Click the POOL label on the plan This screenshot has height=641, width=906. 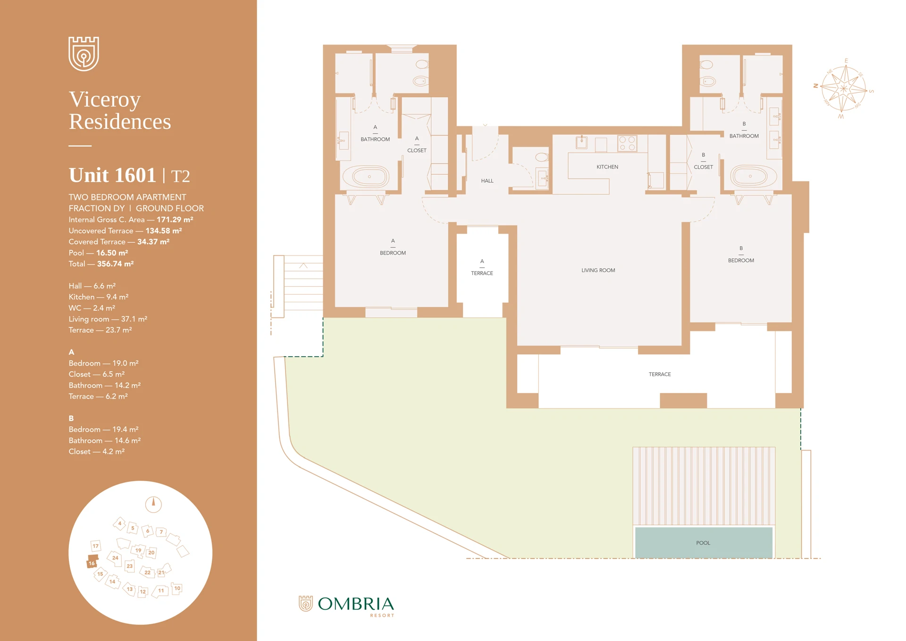[703, 543]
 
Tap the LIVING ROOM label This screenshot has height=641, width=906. [598, 270]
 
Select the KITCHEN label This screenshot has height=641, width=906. [607, 167]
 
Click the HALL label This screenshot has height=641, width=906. [487, 181]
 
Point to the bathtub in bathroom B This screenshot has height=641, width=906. [754, 176]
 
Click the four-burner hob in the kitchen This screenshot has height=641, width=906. [627, 143]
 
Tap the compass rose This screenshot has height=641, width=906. [844, 88]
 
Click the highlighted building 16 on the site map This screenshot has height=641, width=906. [92, 562]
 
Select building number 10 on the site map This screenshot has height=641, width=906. [177, 589]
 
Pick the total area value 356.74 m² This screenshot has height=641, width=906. [115, 264]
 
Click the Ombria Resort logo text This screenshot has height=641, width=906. [355, 605]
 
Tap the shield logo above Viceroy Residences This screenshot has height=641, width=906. [84, 53]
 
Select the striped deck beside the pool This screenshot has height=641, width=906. [703, 486]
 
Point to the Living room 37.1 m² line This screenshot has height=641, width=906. [108, 319]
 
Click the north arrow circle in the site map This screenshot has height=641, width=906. [153, 504]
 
